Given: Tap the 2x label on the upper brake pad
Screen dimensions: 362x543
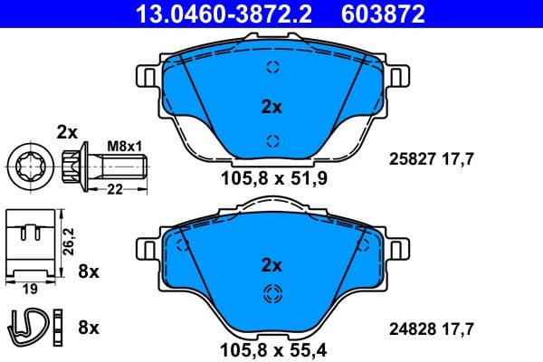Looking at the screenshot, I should click(271, 107).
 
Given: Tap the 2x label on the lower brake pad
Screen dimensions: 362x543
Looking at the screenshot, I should click(271, 265).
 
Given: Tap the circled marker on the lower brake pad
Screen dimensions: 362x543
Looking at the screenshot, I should click(271, 293).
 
